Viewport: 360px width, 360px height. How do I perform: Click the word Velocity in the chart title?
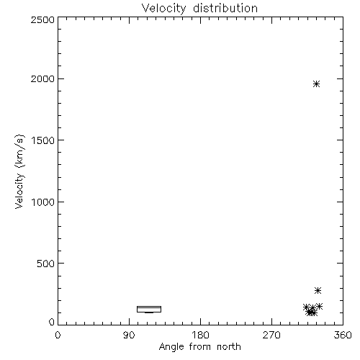coord(164,9)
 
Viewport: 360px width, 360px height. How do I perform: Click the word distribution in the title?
coord(225,8)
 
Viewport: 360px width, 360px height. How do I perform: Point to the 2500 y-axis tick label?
coord(42,19)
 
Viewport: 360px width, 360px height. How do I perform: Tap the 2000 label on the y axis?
coord(42,78)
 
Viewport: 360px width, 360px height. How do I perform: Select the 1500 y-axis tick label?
coord(43,140)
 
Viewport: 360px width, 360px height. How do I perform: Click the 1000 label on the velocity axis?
coord(43,202)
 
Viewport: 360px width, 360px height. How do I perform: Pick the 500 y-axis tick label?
coord(46,264)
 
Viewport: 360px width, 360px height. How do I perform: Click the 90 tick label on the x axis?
coord(129,335)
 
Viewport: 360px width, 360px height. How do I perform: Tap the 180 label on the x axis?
coord(200,335)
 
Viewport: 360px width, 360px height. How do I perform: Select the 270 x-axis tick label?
coord(271,335)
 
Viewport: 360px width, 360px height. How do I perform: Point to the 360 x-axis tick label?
coord(343,335)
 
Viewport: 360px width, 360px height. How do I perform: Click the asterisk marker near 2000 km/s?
coord(316,84)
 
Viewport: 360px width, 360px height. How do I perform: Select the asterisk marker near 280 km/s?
coord(318,290)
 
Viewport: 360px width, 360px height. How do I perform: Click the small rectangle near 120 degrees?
coord(149,307)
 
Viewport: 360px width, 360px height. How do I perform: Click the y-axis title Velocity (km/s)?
coord(19,171)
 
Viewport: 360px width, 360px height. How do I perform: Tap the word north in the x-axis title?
coord(229,346)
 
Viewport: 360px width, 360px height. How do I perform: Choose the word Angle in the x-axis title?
coord(171,347)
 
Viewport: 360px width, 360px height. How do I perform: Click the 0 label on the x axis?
coord(58,335)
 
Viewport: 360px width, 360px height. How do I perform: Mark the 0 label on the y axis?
coord(52,322)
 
